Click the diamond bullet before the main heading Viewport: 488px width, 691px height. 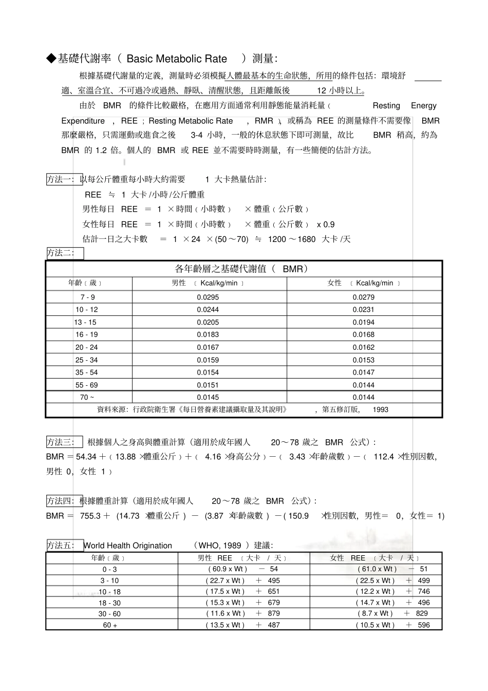click(51, 59)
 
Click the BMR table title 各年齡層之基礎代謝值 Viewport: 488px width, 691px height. click(224, 269)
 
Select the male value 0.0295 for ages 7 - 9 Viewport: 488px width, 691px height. click(208, 297)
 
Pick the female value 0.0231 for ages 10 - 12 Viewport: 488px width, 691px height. click(363, 310)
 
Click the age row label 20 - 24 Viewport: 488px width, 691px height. click(86, 347)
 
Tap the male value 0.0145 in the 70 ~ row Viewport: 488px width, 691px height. click(208, 397)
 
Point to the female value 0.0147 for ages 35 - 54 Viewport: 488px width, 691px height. click(363, 372)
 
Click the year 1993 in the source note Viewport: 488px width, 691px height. click(381, 410)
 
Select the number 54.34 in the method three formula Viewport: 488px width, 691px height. click(86, 456)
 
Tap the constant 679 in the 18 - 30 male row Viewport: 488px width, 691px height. click(274, 603)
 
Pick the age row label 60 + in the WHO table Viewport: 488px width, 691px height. click(110, 625)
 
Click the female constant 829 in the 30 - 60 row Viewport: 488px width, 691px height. click(422, 613)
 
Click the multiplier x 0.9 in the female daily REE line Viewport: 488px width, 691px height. click(326, 225)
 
